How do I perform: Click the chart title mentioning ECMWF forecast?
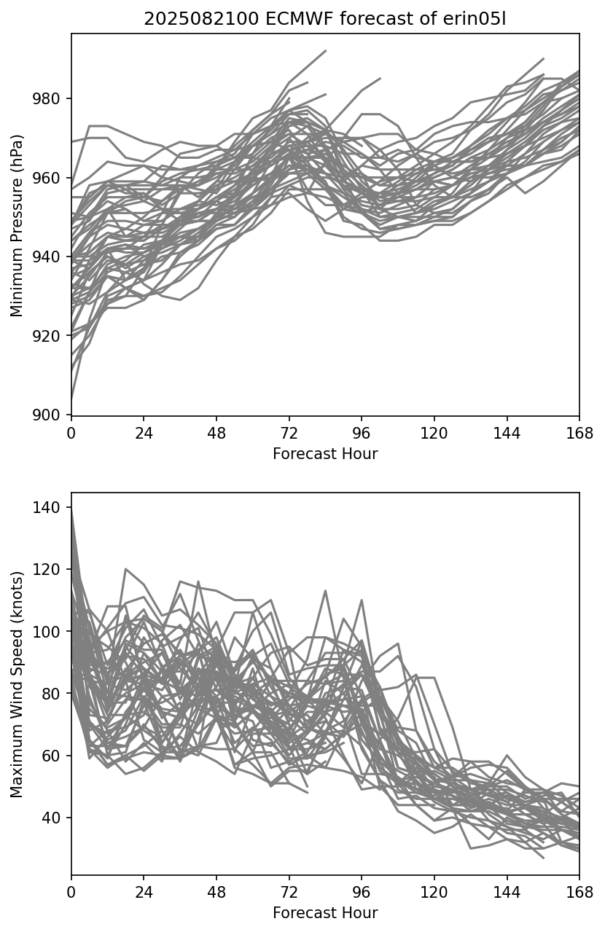pyautogui.click(x=324, y=19)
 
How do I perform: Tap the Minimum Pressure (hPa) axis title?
pyautogui.click(x=17, y=225)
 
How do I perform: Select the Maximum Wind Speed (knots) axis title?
pyautogui.click(x=17, y=684)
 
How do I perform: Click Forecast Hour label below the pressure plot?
pyautogui.click(x=325, y=454)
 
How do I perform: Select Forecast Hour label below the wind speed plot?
pyautogui.click(x=325, y=913)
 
